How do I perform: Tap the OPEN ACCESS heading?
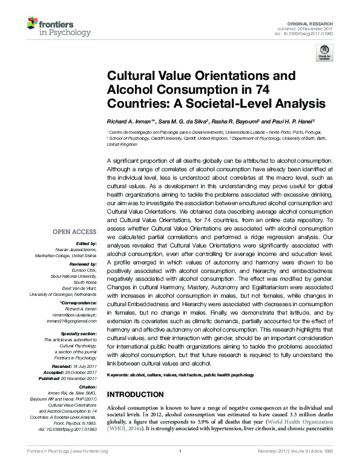click(74, 231)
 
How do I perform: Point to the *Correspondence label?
click(79, 301)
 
